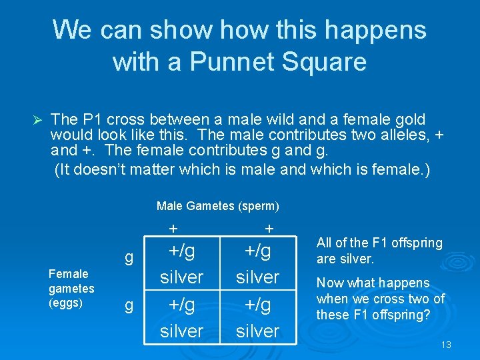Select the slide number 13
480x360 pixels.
446,345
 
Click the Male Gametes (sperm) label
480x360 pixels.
217,206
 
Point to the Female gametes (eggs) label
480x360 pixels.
71,288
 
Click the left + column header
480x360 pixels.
173,229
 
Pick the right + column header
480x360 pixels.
269,229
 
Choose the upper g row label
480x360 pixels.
129,257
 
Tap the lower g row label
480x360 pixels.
129,305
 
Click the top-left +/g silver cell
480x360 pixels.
181,263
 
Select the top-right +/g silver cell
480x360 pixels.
257,263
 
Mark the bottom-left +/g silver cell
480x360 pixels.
181,317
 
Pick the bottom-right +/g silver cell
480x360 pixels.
257,317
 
